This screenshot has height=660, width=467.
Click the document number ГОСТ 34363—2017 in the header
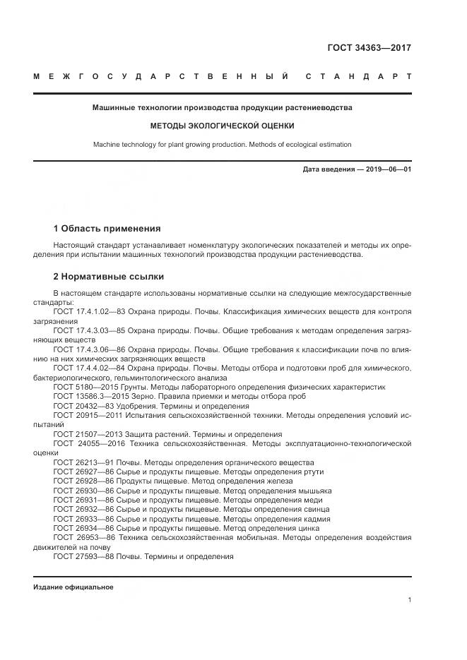(369, 48)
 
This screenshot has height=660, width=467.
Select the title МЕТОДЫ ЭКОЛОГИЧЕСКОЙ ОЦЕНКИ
(222, 126)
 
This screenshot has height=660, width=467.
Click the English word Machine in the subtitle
(108, 145)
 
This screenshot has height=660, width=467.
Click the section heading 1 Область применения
(107, 229)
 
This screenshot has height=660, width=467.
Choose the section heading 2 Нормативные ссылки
(109, 277)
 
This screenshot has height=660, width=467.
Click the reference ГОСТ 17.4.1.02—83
(90, 311)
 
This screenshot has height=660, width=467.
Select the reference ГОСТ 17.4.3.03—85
(90, 330)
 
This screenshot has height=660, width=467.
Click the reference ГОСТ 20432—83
(80, 406)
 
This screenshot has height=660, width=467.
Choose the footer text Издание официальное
(73, 587)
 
